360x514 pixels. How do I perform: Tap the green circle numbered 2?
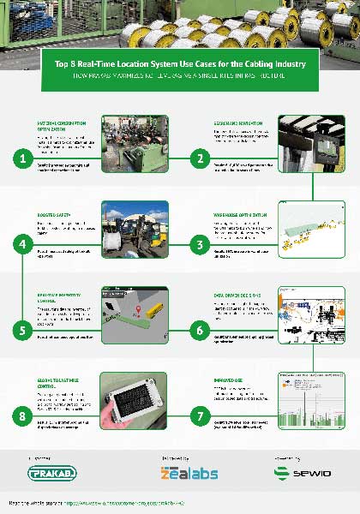[199, 158]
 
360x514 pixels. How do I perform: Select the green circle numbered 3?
[199, 244]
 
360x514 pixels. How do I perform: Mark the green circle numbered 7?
[199, 415]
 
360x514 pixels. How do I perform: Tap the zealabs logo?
[180, 473]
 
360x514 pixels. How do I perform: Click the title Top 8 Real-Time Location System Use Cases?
[179, 64]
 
